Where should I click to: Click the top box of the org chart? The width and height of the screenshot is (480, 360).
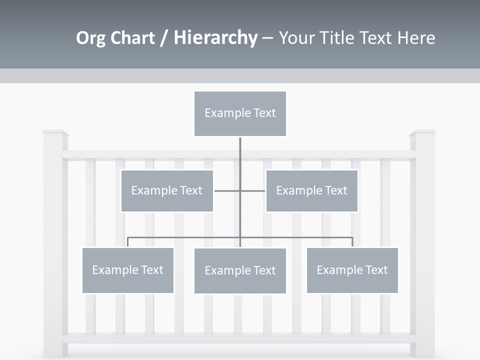pyautogui.click(x=240, y=113)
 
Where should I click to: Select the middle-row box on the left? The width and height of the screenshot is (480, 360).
pyautogui.click(x=167, y=190)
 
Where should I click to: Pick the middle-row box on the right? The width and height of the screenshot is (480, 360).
pyautogui.click(x=311, y=190)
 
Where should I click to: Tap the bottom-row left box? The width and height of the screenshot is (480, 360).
pyautogui.click(x=127, y=270)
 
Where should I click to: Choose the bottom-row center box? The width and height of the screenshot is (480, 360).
pyautogui.click(x=240, y=270)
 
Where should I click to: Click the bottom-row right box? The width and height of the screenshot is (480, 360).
pyautogui.click(x=352, y=270)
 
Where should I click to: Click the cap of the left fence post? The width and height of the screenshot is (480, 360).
pyautogui.click(x=55, y=133)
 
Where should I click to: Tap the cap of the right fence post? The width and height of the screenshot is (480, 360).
pyautogui.click(x=422, y=133)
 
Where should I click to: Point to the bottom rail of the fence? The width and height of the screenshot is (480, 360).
pyautogui.click(x=239, y=338)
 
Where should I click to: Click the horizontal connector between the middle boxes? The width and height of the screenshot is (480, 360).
pyautogui.click(x=240, y=190)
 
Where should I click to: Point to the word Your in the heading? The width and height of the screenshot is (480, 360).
pyautogui.click(x=296, y=38)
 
